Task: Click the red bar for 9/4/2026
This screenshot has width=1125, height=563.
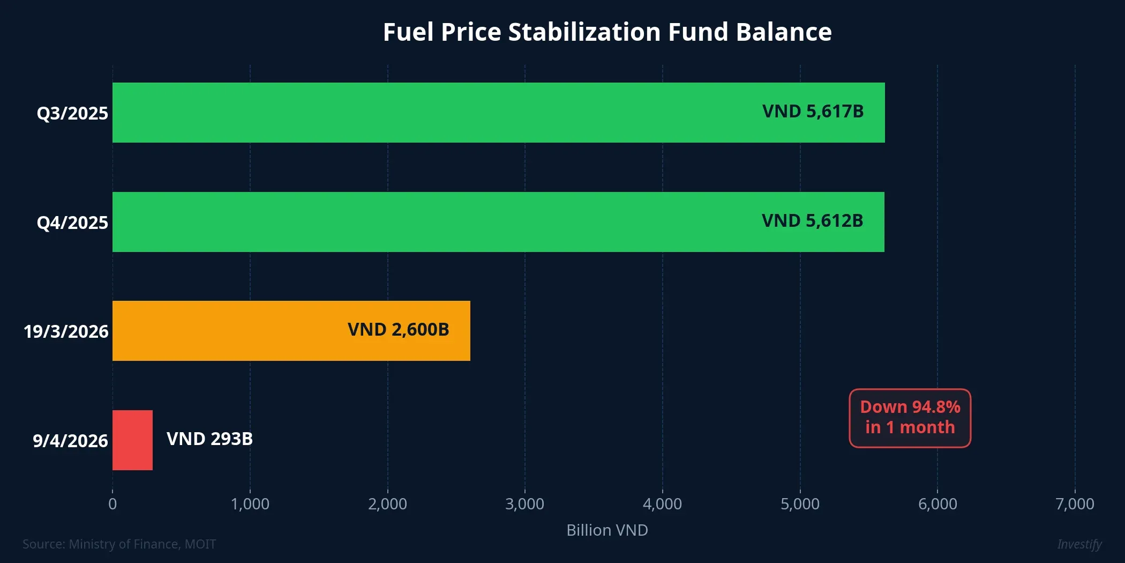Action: click(x=132, y=440)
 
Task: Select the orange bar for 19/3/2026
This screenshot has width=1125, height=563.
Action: click(x=291, y=331)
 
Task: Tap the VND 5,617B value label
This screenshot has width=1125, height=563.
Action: click(x=813, y=112)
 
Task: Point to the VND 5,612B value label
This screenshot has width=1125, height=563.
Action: click(x=812, y=221)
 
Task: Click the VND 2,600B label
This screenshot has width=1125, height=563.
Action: click(x=398, y=330)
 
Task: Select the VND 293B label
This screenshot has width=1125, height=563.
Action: click(x=209, y=439)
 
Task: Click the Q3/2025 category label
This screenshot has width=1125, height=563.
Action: click(x=72, y=114)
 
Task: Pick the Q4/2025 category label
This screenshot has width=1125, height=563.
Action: click(x=72, y=223)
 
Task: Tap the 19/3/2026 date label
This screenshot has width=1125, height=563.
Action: click(x=66, y=332)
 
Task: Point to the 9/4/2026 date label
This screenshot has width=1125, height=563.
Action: click(x=70, y=441)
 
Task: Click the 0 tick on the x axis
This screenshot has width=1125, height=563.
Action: click(x=112, y=504)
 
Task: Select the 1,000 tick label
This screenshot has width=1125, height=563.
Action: click(x=250, y=504)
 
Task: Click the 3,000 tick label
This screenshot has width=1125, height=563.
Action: click(x=524, y=504)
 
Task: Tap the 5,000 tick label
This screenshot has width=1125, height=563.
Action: click(x=800, y=504)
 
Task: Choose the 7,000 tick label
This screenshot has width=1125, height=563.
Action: click(x=1075, y=504)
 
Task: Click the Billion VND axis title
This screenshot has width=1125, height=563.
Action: click(x=607, y=530)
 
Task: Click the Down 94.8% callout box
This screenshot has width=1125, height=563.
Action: click(x=910, y=418)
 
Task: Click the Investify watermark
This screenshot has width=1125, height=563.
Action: click(x=1079, y=544)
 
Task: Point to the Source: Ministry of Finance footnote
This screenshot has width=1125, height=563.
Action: click(x=119, y=544)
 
